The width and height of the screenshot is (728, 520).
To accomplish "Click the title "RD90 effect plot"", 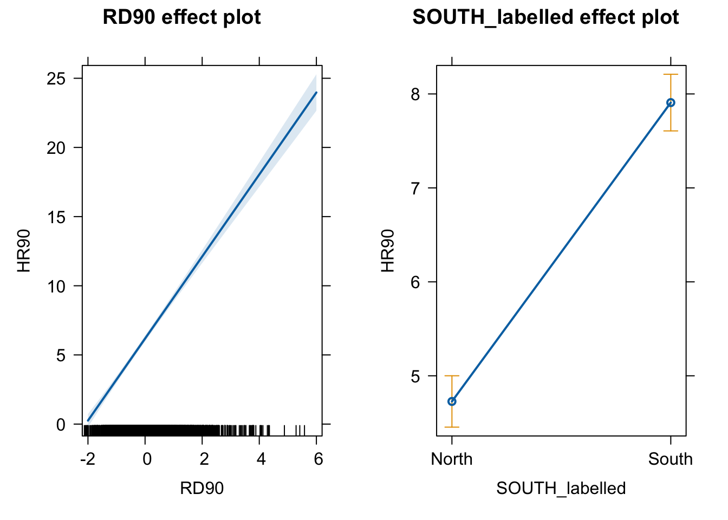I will [x=181, y=17].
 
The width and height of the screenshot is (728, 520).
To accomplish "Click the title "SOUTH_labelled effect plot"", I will [x=545, y=17].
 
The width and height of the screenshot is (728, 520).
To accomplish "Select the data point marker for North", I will [x=452, y=401].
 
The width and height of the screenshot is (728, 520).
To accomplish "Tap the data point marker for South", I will [x=671, y=102].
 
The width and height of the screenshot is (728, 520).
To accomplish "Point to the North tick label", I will [x=452, y=459].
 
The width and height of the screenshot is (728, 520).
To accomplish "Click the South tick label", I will [x=671, y=459].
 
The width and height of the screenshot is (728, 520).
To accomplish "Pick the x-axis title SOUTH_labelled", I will [x=561, y=489].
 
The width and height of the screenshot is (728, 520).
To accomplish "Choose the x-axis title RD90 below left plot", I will [x=201, y=489].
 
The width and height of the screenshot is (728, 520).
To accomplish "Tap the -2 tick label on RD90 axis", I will [x=87, y=459].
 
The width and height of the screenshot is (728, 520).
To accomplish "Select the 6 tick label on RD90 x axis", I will [x=318, y=459].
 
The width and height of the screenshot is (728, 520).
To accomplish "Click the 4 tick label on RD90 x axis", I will [x=261, y=459].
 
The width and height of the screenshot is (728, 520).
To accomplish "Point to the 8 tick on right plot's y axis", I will [x=415, y=94].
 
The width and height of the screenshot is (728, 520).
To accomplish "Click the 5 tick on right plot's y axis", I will [x=415, y=376].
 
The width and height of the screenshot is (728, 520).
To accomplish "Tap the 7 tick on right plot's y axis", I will [x=415, y=188].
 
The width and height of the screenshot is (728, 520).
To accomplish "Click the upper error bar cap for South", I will [x=671, y=75].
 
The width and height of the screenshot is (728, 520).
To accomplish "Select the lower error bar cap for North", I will [x=452, y=427].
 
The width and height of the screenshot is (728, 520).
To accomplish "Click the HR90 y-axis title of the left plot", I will [x=24, y=250].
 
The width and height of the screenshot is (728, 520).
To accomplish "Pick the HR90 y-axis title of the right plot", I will [x=388, y=250].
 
